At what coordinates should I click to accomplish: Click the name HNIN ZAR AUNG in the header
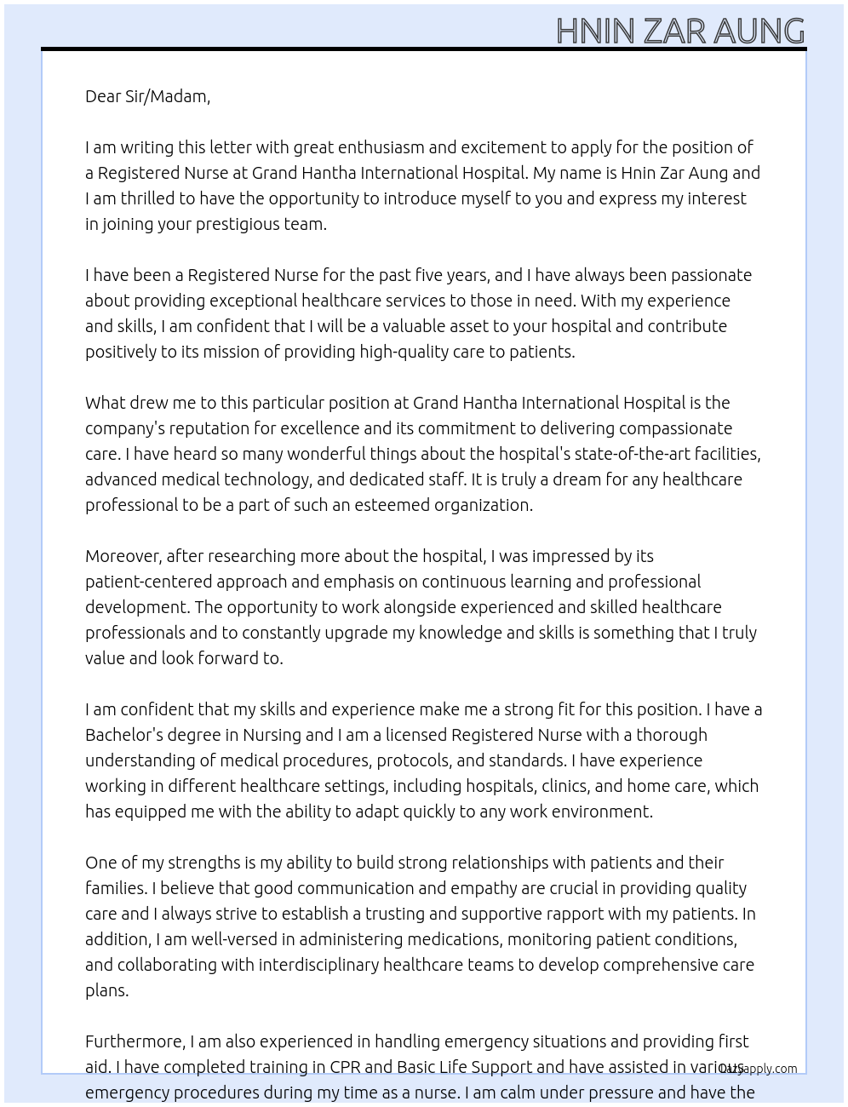(x=679, y=32)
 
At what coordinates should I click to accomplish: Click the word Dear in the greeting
(x=103, y=96)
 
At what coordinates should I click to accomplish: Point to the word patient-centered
(x=148, y=582)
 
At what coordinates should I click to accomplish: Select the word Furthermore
(x=135, y=1041)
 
